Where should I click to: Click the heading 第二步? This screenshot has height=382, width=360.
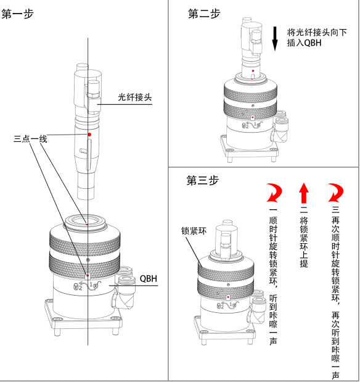[203, 14]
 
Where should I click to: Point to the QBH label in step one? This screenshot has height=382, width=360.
[148, 278]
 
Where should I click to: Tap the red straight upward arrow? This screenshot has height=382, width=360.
[303, 193]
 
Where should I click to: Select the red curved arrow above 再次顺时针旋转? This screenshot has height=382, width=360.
[335, 193]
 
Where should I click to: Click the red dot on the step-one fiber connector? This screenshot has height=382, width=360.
[89, 134]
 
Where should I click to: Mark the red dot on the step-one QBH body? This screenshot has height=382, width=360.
[88, 276]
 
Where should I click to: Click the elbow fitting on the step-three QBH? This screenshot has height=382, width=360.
[255, 309]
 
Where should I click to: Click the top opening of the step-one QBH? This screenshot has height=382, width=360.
[88, 218]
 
